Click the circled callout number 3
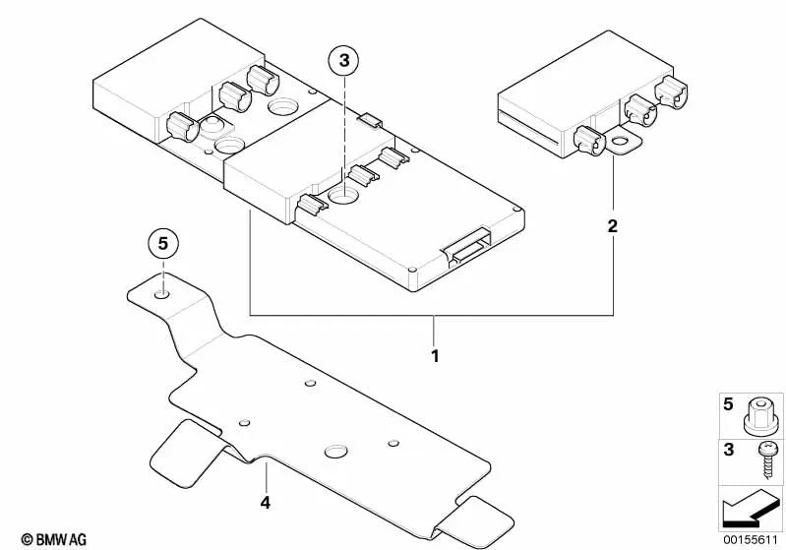[x=344, y=62]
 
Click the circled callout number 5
[x=164, y=242]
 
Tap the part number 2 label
[x=612, y=227]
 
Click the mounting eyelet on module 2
[x=621, y=145]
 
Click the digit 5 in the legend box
[x=729, y=404]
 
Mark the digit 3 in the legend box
[x=729, y=450]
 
